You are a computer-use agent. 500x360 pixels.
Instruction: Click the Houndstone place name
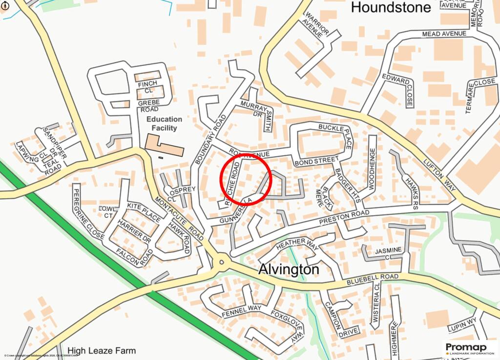pos(391,7)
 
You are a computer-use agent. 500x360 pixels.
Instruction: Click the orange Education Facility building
pos(164,146)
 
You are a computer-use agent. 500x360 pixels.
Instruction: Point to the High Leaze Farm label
pos(102,350)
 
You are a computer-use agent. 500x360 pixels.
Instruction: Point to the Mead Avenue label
pos(444,34)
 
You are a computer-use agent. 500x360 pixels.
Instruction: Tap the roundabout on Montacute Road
pos(222,262)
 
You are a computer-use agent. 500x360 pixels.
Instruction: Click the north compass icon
pos(6,6)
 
